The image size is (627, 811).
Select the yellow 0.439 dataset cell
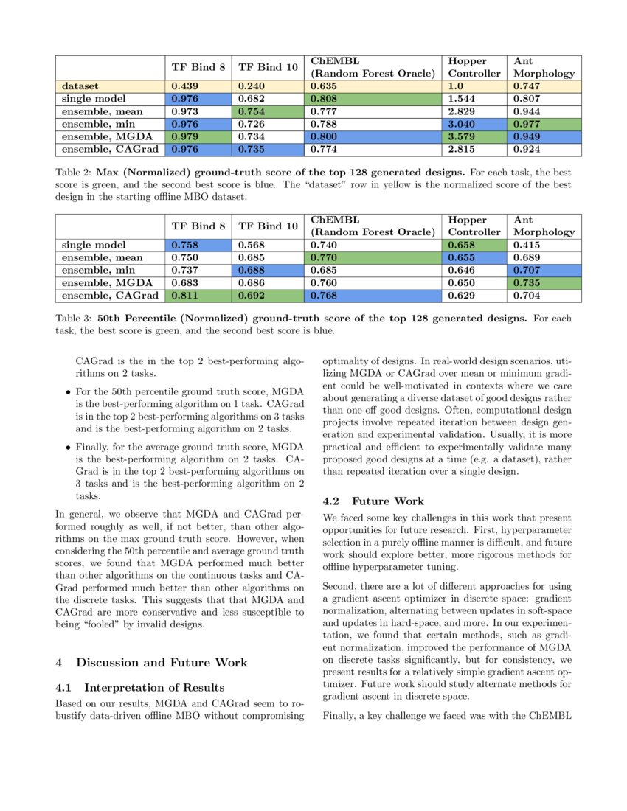point(197,86)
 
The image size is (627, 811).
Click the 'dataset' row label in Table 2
point(80,86)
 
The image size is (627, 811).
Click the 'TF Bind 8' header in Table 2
point(198,67)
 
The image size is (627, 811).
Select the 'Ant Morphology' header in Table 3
point(544,226)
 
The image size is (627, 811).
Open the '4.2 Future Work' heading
point(373,501)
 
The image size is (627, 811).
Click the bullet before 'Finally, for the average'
point(68,447)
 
